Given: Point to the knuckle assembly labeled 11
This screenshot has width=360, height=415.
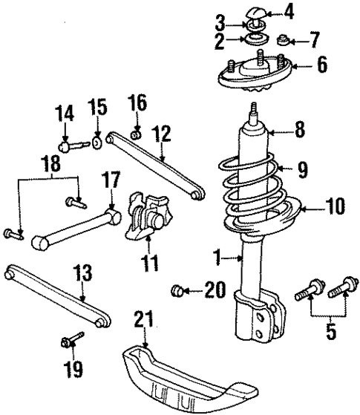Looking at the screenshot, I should coord(146,215).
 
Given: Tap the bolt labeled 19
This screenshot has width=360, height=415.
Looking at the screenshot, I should coord(73,342).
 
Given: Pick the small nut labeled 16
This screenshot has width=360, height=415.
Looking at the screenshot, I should coord(135,134).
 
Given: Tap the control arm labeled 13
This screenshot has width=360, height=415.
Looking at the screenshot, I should coord(56,296).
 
